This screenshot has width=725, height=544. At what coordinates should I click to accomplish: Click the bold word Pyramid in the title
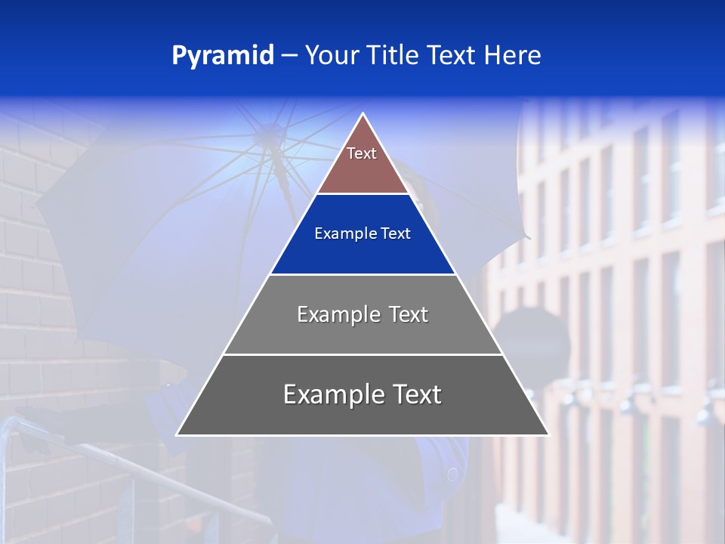pos(222,56)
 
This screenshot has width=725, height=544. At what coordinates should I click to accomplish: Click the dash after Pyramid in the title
pos(289,56)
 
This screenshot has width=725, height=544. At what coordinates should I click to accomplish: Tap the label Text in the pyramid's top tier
pos(362,153)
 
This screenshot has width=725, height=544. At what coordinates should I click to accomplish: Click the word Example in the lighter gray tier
pos(330,314)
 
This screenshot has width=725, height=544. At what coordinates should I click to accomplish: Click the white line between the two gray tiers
pos(362,354)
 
